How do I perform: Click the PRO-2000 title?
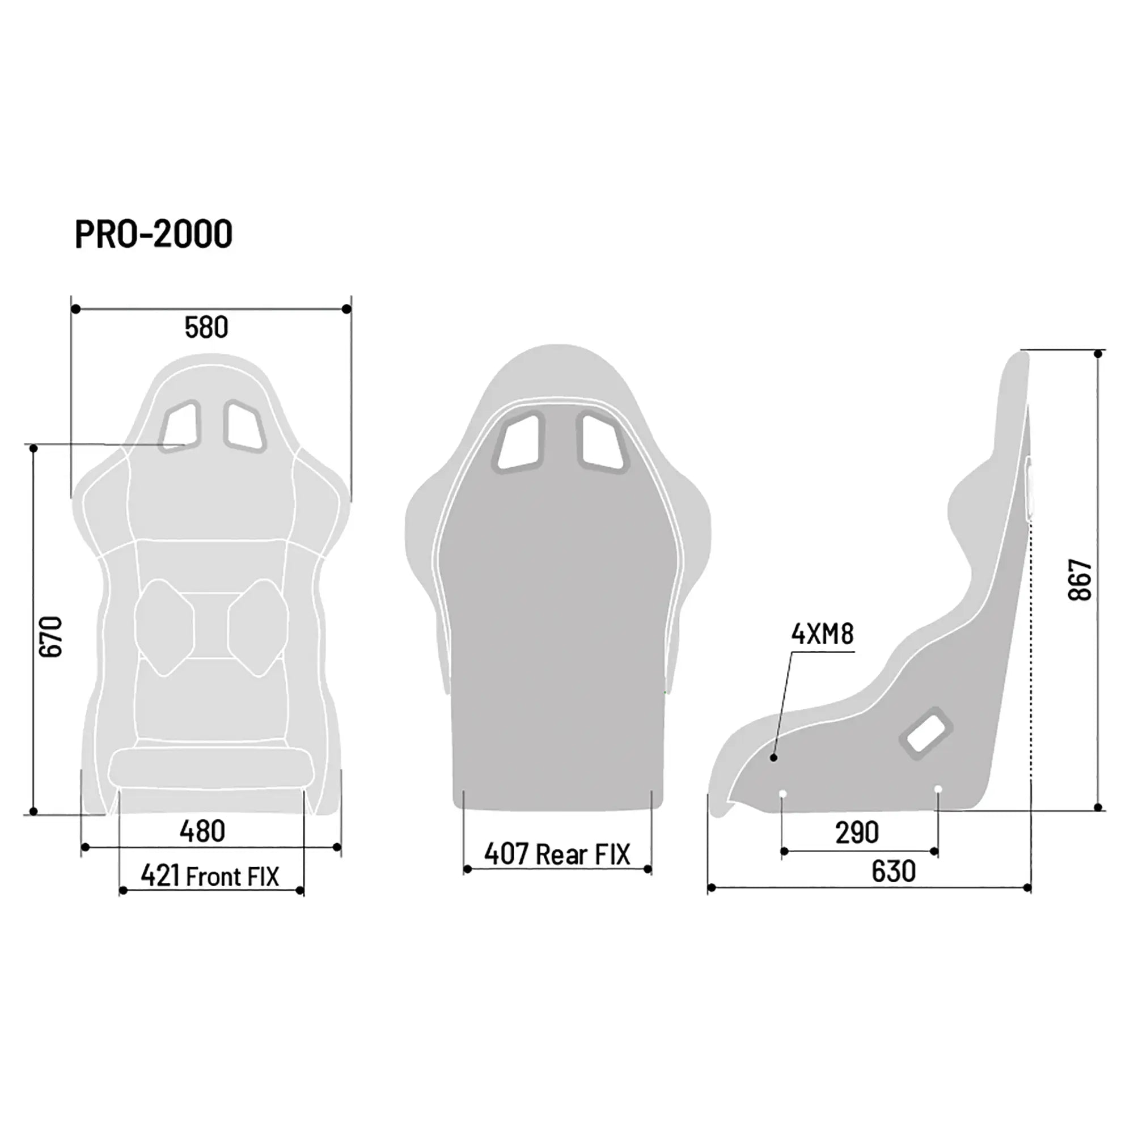pyautogui.click(x=154, y=234)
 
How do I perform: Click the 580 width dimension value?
pyautogui.click(x=206, y=328)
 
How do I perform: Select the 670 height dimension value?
pyautogui.click(x=50, y=636)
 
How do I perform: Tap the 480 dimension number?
pyautogui.click(x=202, y=831)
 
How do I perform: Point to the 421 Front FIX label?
pyautogui.click(x=210, y=877)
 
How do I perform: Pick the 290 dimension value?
pyautogui.click(x=856, y=832)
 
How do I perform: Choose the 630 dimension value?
pyautogui.click(x=893, y=871)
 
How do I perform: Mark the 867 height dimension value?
pyautogui.click(x=1080, y=580)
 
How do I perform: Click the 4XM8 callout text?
pyautogui.click(x=822, y=634)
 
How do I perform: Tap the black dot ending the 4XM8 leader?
pyautogui.click(x=773, y=758)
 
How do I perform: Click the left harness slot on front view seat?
pyautogui.click(x=180, y=426)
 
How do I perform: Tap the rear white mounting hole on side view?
pyautogui.click(x=937, y=789)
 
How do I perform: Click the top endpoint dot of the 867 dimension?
pyautogui.click(x=1098, y=354)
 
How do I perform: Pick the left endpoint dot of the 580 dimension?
pyautogui.click(x=75, y=309)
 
